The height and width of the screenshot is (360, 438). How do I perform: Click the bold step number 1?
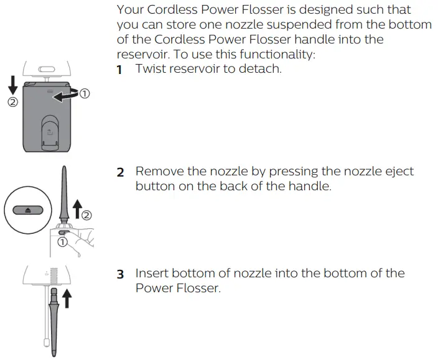coord(119,70)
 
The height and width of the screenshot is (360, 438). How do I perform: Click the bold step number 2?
coord(120,172)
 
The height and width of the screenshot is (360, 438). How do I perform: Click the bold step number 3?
coord(120,274)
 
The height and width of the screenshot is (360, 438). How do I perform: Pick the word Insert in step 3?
coord(152,274)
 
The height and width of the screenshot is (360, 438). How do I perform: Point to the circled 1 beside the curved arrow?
coord(85,95)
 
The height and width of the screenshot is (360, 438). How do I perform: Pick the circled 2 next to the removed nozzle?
coord(87,216)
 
